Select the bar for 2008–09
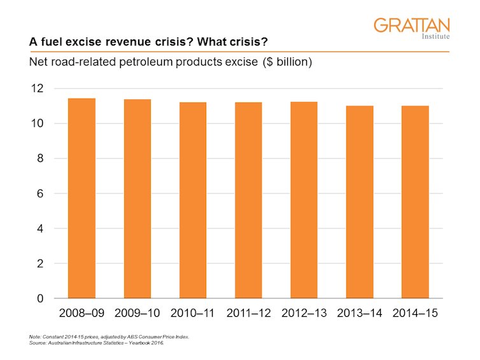(81, 198)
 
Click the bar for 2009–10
(137, 198)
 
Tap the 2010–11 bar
(193, 200)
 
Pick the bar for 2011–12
(248, 200)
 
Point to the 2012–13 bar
(304, 200)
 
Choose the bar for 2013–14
(360, 202)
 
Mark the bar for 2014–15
(415, 202)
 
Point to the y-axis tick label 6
(41, 193)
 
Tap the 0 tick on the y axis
(41, 298)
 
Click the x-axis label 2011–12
(248, 314)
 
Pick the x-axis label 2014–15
(415, 314)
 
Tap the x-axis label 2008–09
(81, 314)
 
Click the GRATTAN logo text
(411, 25)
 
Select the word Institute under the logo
(435, 38)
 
